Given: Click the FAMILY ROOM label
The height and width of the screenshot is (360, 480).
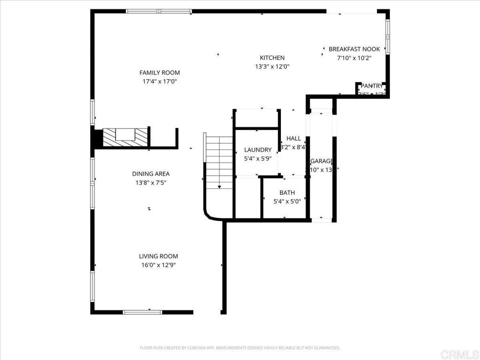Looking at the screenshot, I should (x=159, y=73).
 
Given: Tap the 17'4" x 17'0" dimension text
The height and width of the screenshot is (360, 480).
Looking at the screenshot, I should (x=159, y=82).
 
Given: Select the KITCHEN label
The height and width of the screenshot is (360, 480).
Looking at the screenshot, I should (x=272, y=58).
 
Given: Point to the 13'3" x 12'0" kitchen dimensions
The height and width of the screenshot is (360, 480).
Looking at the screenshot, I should (x=272, y=67).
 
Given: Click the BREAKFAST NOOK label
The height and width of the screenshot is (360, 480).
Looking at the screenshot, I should (x=354, y=49).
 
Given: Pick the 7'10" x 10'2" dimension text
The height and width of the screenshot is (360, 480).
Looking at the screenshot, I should (x=354, y=58).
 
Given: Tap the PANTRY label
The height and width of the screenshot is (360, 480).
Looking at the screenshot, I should (x=371, y=86).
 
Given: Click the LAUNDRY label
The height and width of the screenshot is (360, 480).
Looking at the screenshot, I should (x=258, y=150).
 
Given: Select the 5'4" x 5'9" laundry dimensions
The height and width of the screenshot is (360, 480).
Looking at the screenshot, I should (x=258, y=158).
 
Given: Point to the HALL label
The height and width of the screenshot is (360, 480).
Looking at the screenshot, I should (x=293, y=138).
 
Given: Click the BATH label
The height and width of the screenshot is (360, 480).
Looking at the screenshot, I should (x=287, y=193).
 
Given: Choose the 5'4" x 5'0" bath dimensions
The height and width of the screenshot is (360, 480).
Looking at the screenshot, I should (x=287, y=202).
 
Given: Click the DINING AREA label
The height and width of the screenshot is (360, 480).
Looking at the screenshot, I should (x=150, y=173).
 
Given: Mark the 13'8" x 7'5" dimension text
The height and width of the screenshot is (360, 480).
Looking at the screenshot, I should (x=150, y=183).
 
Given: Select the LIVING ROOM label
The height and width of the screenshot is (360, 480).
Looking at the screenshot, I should (x=158, y=256).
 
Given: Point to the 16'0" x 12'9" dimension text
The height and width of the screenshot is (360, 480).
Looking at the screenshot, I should (x=158, y=265).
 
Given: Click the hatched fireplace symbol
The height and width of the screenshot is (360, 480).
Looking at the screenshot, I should (x=125, y=137).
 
